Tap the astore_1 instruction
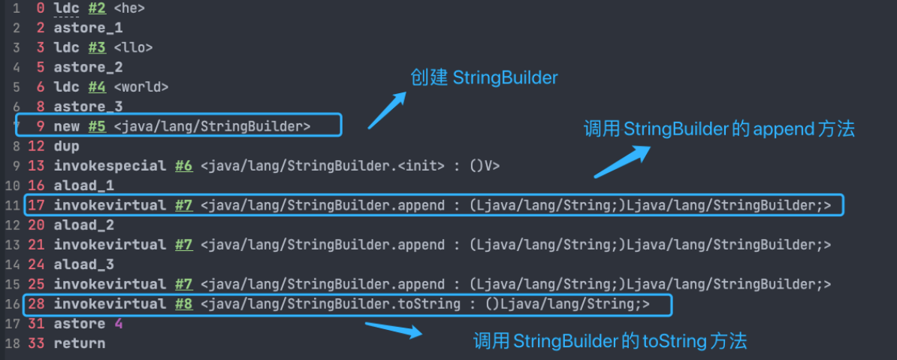[88, 29]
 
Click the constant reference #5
[97, 126]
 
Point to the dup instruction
[66, 146]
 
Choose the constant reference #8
[184, 304]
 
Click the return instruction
[80, 343]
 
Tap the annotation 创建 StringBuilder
[484, 78]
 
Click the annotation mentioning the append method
[719, 129]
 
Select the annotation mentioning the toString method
[609, 341]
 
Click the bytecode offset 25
[36, 284]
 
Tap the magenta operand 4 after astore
[118, 324]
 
